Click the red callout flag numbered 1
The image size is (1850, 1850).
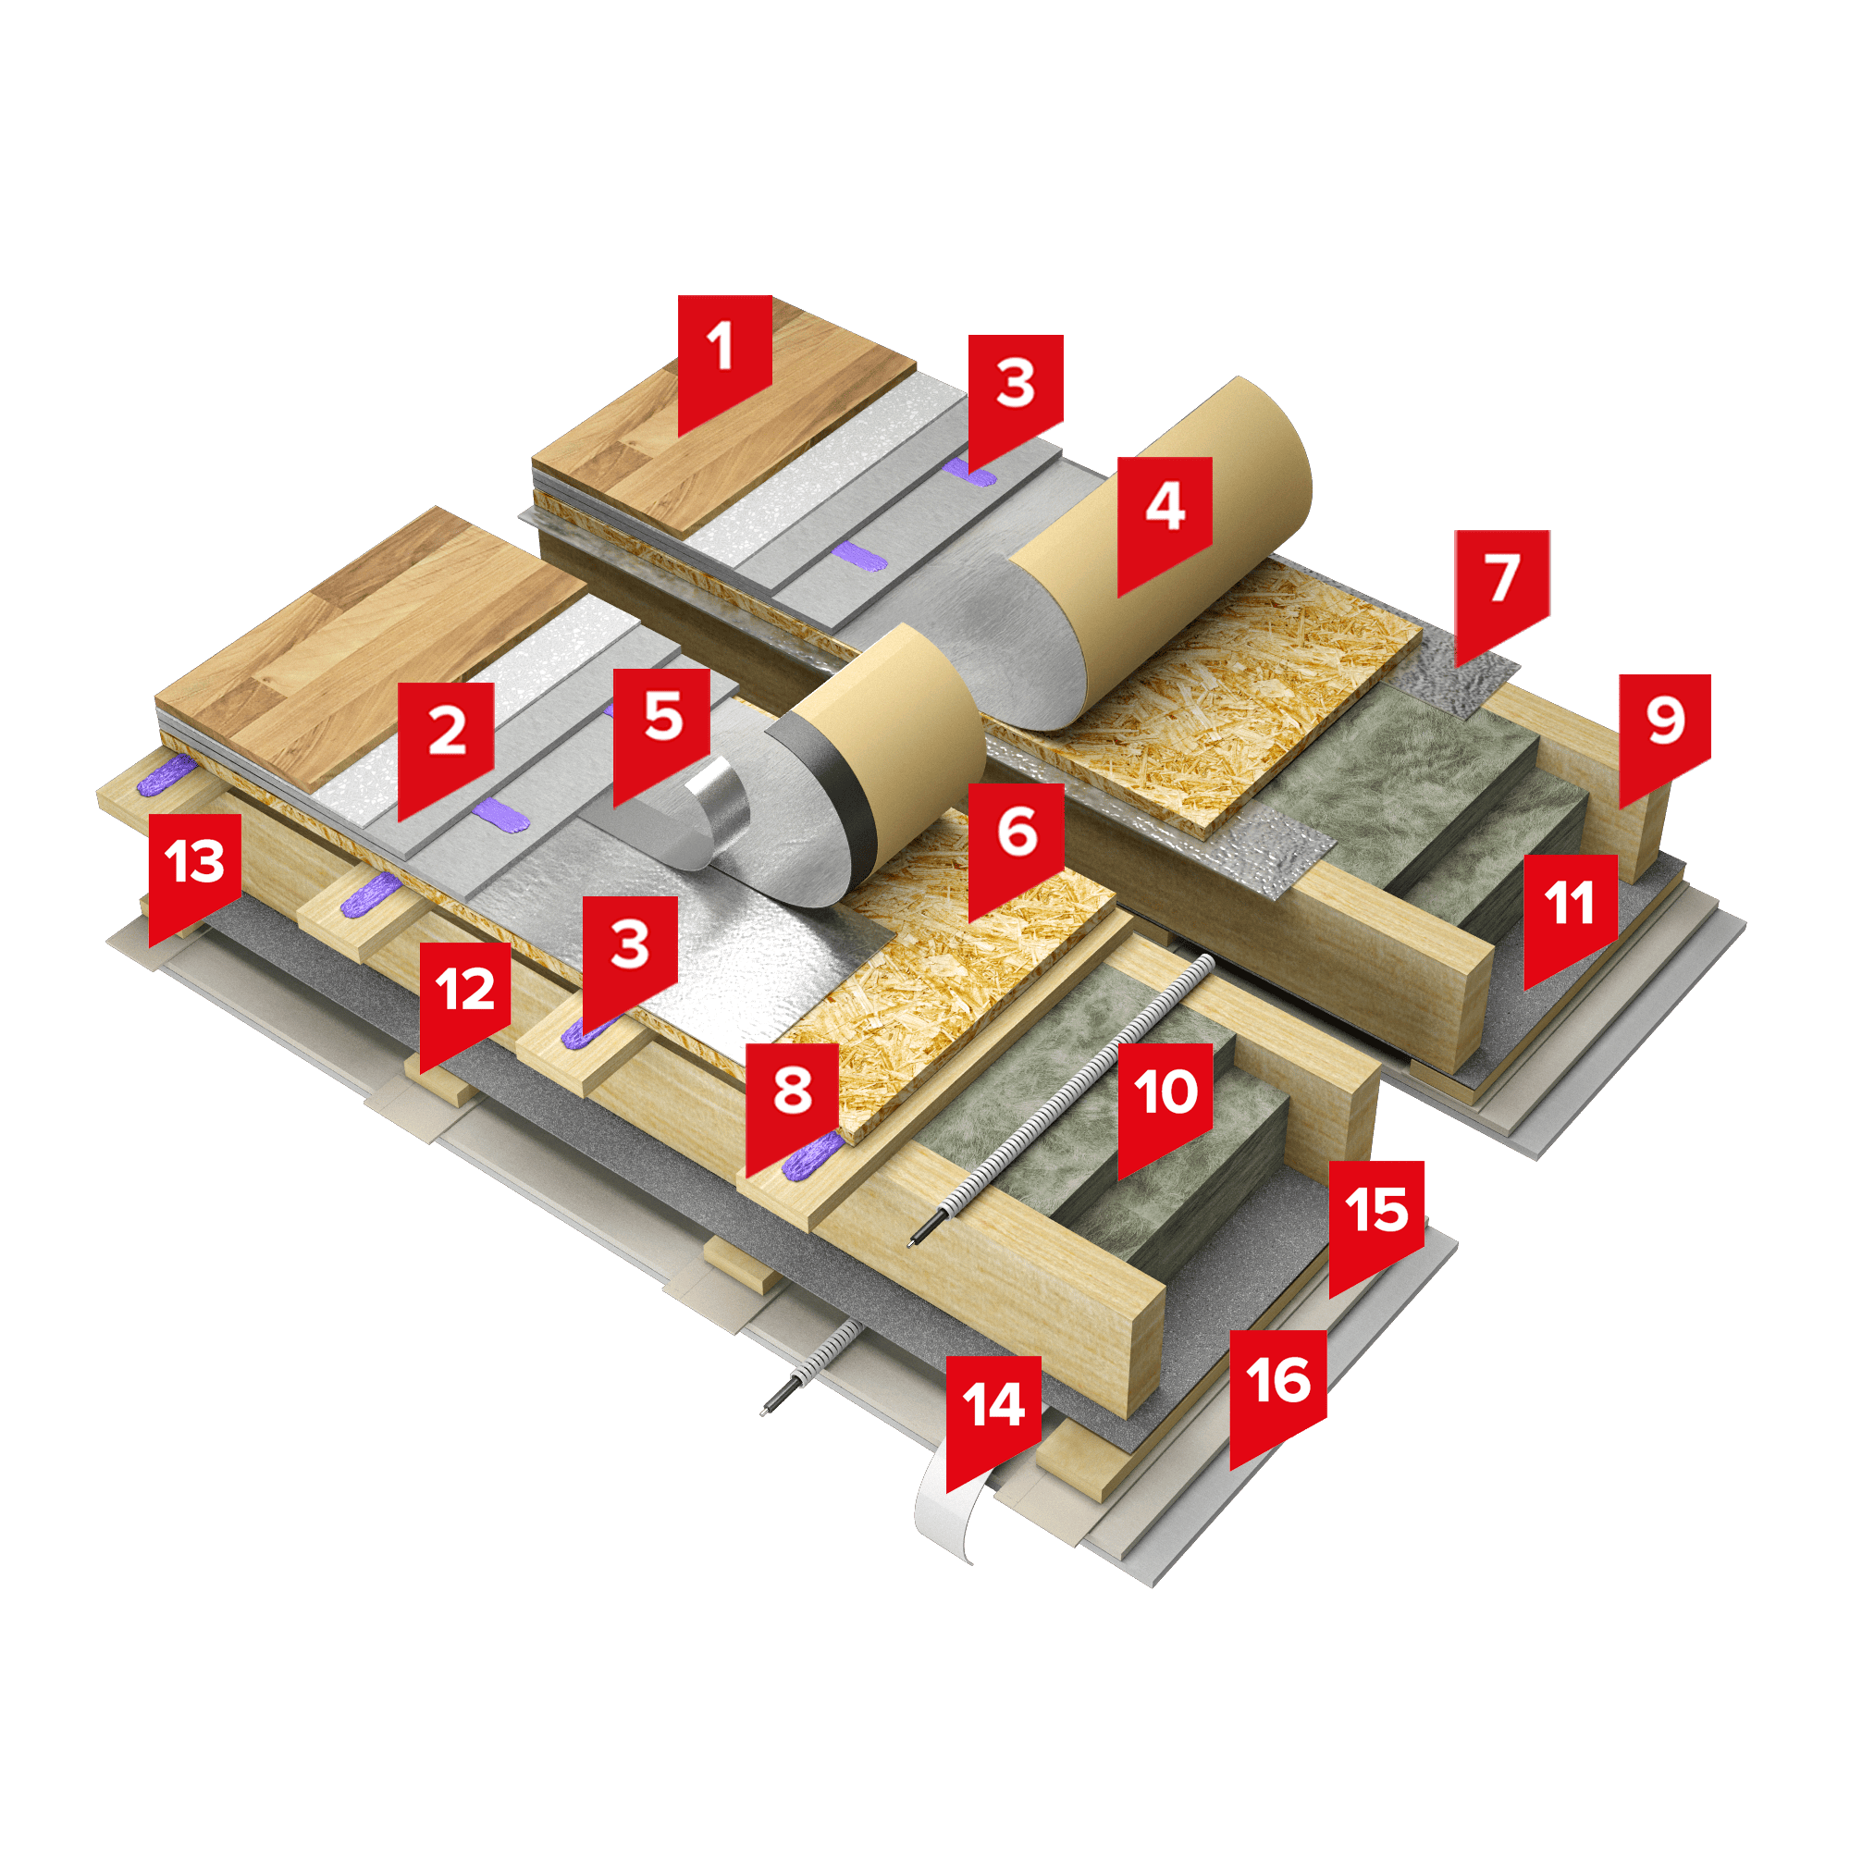(x=725, y=359)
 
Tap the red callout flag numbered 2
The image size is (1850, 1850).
(x=446, y=745)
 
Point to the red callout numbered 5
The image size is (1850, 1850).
(x=661, y=731)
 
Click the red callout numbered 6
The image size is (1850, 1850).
(x=1016, y=845)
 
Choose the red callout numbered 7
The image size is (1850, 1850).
(x=1501, y=593)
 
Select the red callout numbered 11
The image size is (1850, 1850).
(x=1571, y=917)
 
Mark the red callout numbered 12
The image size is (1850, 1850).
(x=465, y=1003)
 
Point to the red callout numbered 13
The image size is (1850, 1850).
(x=194, y=875)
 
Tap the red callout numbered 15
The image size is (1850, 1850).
(x=1376, y=1225)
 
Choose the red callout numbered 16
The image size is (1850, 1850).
(x=1277, y=1394)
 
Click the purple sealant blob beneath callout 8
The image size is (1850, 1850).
(x=812, y=1154)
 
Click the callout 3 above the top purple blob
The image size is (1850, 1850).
(x=1015, y=398)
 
